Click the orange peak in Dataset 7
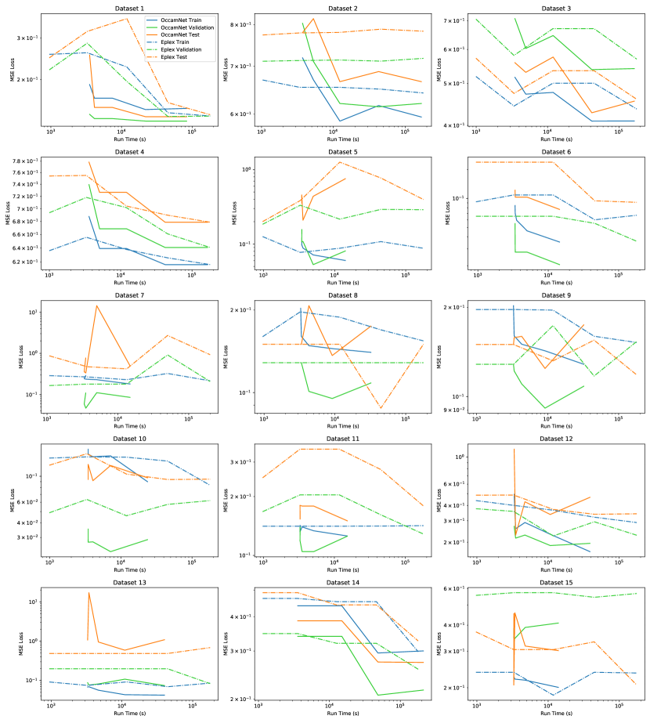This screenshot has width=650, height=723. click(x=96, y=305)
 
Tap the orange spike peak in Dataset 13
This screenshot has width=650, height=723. click(x=88, y=593)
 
